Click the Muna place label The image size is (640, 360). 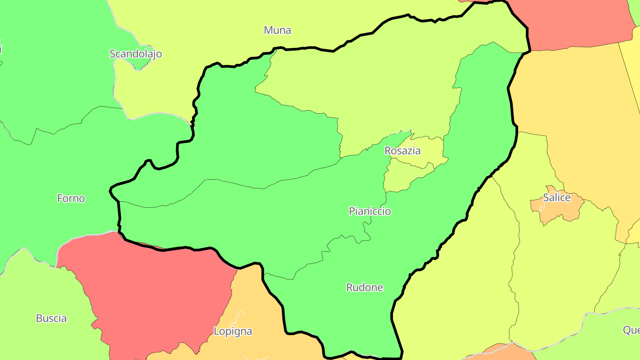(277, 30)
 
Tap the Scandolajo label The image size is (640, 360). (136, 54)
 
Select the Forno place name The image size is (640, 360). (71, 198)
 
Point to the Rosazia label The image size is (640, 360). (402, 151)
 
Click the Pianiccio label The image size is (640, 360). (370, 211)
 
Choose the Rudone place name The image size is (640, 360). (364, 288)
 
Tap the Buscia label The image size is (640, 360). (51, 318)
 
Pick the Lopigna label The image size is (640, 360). (233, 331)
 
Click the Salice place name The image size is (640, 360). (556, 198)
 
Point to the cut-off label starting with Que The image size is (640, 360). (631, 330)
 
